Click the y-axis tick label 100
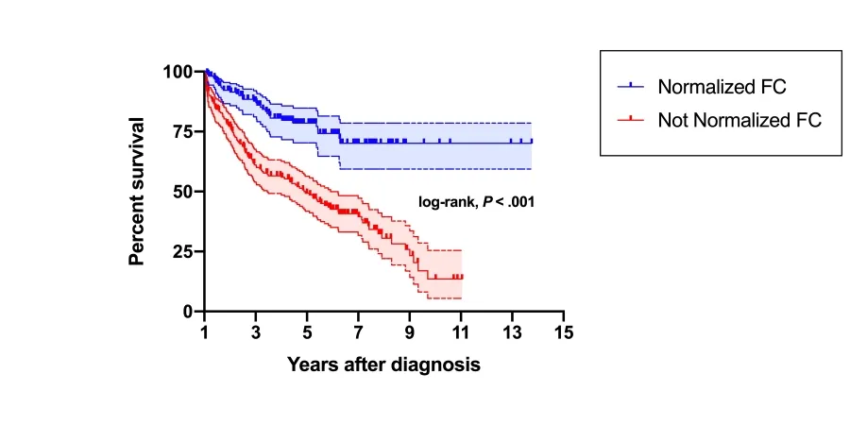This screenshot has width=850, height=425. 177,72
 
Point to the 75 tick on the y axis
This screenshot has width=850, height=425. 182,131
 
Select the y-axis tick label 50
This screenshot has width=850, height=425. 182,192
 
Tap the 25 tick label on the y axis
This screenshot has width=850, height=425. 182,251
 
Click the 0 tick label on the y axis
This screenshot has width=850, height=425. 188,312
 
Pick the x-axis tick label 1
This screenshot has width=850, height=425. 205,332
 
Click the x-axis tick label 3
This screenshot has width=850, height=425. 256,332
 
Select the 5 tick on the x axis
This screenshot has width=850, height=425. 307,332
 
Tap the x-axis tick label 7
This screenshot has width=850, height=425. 358,332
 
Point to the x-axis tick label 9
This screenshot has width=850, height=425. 410,332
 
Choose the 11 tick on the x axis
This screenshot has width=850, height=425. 461,332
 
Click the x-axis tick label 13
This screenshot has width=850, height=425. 512,332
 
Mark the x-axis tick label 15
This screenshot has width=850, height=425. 564,332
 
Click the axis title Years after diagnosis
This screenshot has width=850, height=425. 383,365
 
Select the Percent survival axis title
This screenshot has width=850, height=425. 138,192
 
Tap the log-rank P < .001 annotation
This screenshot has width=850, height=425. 477,201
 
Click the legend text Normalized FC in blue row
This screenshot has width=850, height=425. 722,87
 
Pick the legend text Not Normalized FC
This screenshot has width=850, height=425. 739,120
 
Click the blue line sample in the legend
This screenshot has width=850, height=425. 631,87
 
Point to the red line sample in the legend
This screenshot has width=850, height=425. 631,120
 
